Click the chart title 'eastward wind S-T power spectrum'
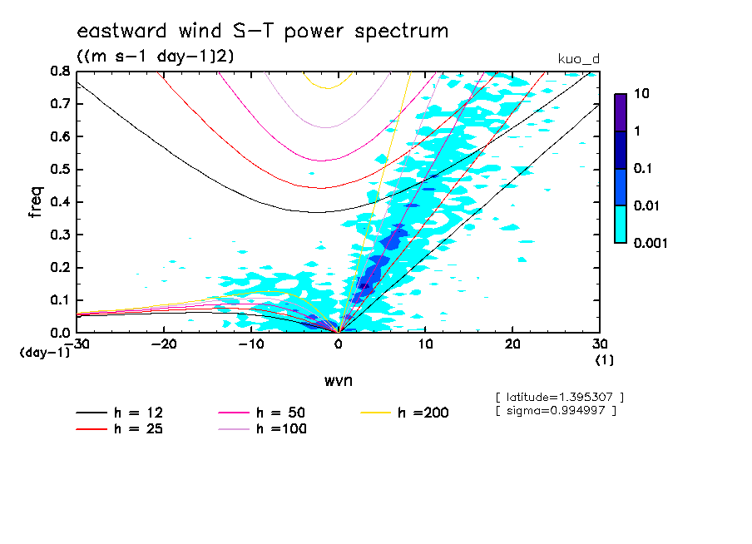[x=262, y=32]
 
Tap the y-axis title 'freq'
[x=36, y=201]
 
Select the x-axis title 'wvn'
[x=338, y=380]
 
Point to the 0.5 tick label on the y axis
[x=59, y=170]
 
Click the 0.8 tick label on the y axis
[x=59, y=72]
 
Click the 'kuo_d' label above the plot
[x=577, y=58]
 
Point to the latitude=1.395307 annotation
[x=558, y=397]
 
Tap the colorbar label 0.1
[x=646, y=169]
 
